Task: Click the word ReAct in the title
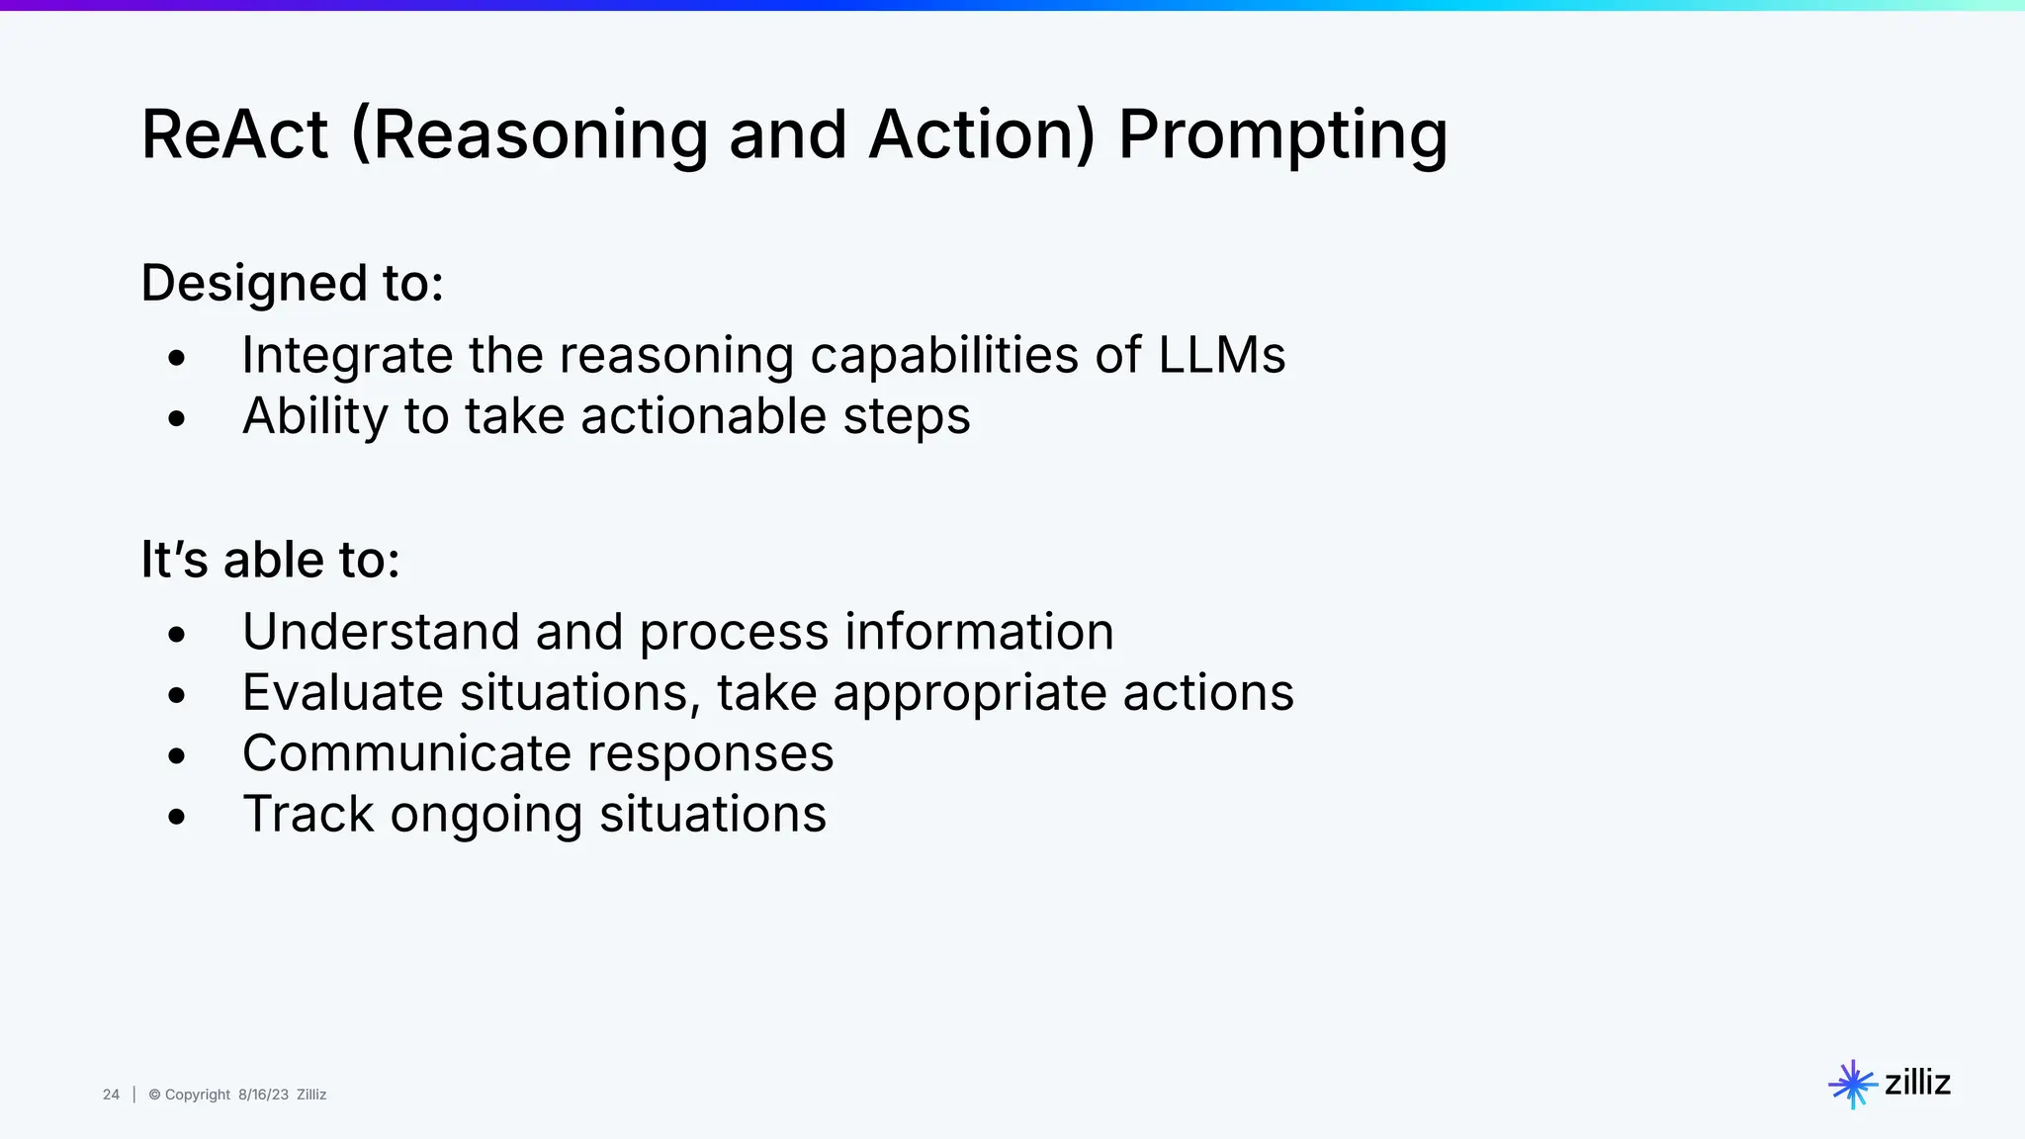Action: pos(234,134)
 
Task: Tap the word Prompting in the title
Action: pos(1282,136)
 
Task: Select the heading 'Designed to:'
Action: pos(292,284)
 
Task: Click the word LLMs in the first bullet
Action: pos(1221,355)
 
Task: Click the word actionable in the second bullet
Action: pos(703,415)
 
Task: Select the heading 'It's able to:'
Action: pos(270,560)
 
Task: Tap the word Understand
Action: pos(381,632)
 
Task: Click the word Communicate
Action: pos(406,753)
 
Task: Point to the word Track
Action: pos(308,815)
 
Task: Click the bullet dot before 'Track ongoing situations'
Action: pos(177,818)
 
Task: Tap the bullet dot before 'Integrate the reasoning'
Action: pos(177,358)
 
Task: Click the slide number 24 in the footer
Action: pos(111,1095)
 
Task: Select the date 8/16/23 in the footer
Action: pos(263,1095)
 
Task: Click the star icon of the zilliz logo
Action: pos(1852,1085)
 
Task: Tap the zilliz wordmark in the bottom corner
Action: pos(1917,1083)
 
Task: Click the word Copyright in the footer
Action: pos(197,1095)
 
